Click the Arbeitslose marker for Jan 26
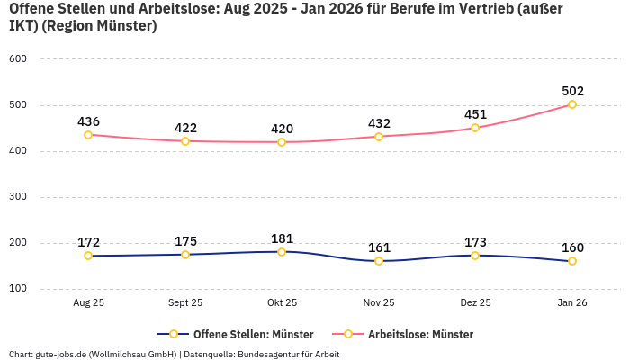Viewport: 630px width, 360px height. [572, 104]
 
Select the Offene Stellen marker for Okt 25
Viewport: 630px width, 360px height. [282, 252]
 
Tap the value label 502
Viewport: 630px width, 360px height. [572, 91]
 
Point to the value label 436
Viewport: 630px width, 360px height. [88, 121]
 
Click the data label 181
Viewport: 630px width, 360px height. [282, 238]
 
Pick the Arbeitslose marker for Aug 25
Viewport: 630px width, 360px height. [88, 135]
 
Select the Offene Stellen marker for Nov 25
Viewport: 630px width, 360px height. [379, 261]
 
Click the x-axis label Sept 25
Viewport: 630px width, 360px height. [185, 303]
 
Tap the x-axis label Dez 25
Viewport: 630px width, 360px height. [475, 303]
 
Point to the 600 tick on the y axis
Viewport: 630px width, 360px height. [18, 58]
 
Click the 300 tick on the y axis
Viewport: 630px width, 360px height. [18, 196]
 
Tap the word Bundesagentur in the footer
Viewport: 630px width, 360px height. [271, 354]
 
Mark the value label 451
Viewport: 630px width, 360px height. [475, 114]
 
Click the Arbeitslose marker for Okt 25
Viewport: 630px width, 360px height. [282, 142]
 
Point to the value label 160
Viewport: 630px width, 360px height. [572, 247]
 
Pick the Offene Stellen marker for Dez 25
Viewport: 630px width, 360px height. [475, 256]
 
